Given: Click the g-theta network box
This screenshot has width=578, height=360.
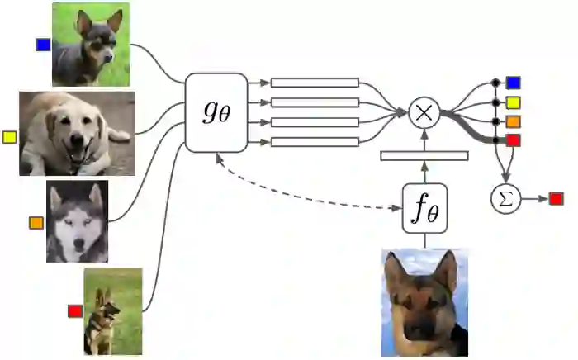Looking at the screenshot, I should coord(216,112).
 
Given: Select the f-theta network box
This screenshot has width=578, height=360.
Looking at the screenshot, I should coord(424,207).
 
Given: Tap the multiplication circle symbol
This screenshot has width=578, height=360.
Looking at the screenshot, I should coord(424,112).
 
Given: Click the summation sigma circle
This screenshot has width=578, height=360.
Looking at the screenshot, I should coord(505,199).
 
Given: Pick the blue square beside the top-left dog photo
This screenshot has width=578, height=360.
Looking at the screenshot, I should coord(43,45).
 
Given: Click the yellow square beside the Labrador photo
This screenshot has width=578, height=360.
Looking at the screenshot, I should coord(10,136).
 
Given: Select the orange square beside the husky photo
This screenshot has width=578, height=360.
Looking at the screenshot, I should coord(36,223).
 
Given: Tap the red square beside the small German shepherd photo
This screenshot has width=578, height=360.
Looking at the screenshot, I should coord(74,310).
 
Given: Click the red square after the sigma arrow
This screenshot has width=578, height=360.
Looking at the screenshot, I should coord(556,199).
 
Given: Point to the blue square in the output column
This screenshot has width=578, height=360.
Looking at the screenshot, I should coord(513,83).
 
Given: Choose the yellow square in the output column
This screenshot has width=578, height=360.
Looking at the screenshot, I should coord(513,102).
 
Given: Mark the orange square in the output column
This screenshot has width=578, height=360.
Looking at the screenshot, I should coord(513,121).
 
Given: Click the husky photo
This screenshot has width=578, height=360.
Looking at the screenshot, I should coord(77,222).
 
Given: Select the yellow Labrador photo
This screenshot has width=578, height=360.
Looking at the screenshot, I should coord(77,134).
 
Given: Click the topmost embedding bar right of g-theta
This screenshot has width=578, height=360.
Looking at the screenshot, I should coord(315,83).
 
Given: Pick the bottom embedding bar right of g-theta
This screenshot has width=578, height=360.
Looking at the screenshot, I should coord(315,142).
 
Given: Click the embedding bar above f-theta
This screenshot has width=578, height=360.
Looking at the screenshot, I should coord(424,155).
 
